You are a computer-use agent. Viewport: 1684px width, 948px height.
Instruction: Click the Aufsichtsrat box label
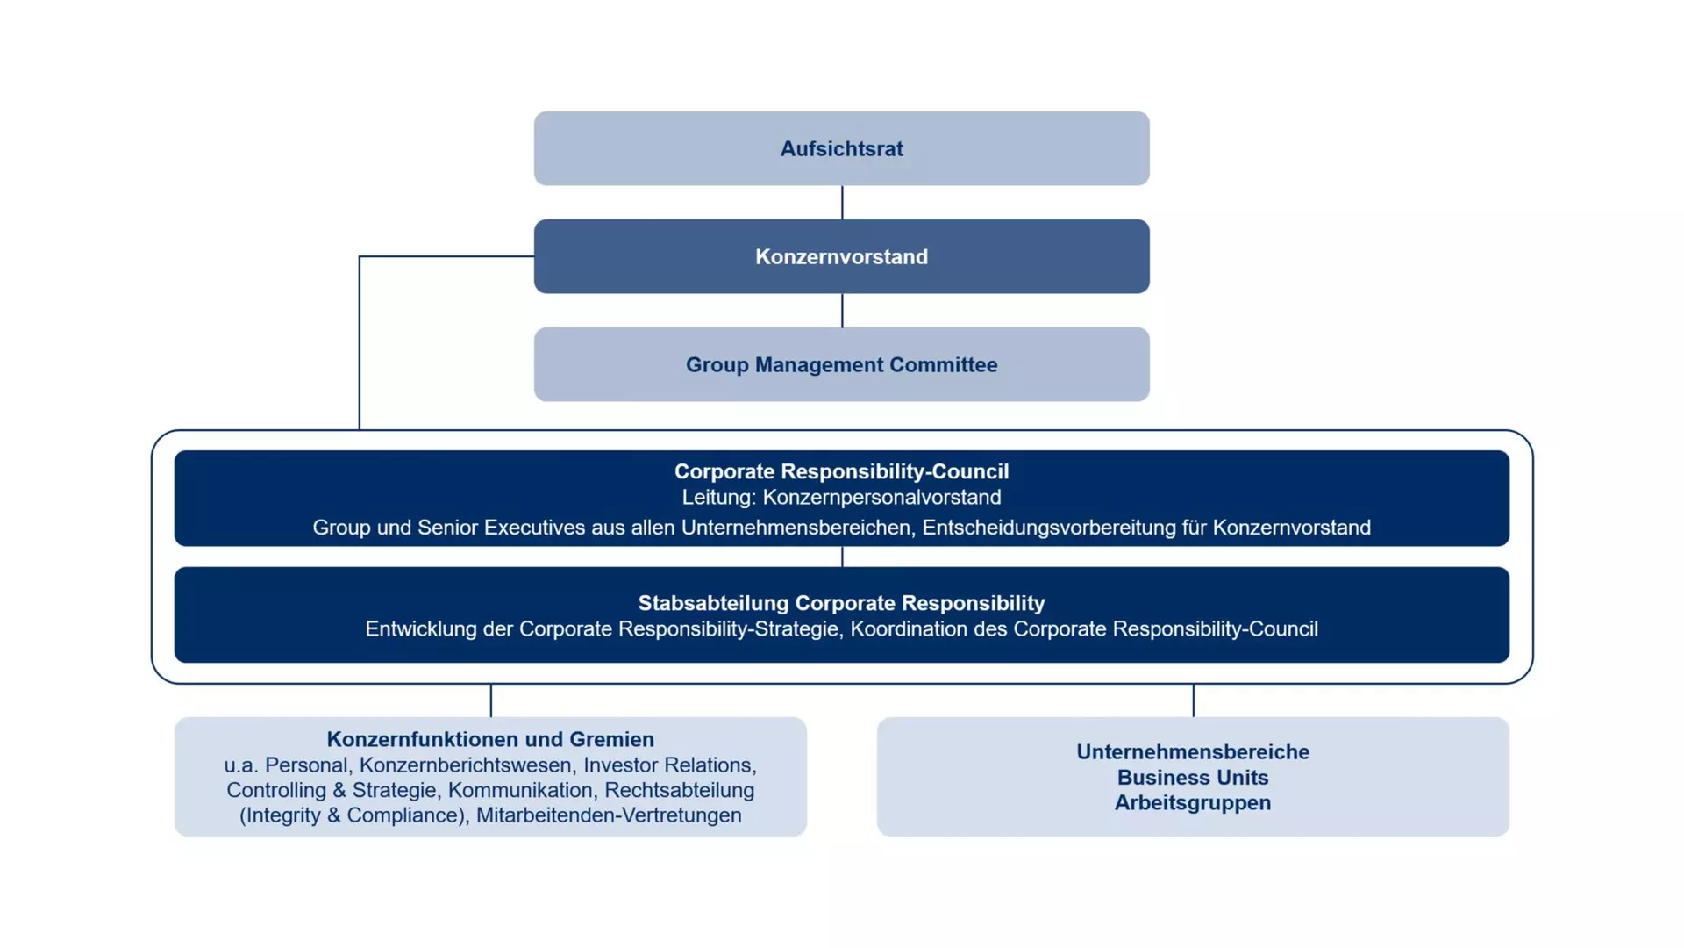(x=841, y=149)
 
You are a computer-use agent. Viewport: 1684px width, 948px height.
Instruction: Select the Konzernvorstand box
(x=841, y=256)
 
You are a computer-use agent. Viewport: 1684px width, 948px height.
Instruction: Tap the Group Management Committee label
(x=841, y=365)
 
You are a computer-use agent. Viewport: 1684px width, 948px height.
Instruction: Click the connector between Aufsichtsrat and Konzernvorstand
(x=842, y=203)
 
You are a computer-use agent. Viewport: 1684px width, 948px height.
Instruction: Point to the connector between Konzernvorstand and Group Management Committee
(x=842, y=311)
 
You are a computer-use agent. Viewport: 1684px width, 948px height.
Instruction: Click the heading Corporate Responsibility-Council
(x=841, y=471)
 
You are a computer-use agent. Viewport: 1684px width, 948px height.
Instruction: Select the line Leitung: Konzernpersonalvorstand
(x=841, y=498)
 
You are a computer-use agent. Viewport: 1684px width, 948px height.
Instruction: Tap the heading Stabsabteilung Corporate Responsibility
(x=841, y=603)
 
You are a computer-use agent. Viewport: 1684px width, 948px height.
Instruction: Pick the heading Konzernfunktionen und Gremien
(x=490, y=739)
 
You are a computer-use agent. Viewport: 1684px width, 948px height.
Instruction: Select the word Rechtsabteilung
(x=679, y=791)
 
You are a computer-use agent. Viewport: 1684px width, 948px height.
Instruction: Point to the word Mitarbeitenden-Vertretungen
(x=609, y=815)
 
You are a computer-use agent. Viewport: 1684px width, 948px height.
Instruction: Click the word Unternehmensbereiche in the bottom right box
(x=1193, y=752)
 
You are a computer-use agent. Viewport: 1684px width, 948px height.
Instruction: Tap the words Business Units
(x=1193, y=778)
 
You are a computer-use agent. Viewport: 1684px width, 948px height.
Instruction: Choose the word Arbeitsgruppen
(x=1193, y=803)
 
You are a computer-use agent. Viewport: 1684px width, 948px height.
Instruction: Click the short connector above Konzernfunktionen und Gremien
(x=491, y=700)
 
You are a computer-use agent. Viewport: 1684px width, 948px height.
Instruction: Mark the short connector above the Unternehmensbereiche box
(x=1194, y=700)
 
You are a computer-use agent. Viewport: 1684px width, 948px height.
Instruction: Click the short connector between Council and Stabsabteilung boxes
(x=842, y=557)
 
